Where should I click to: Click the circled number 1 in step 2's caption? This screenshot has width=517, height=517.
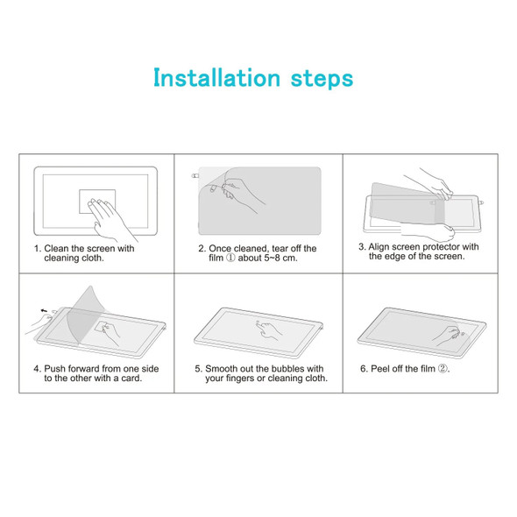(x=225, y=259)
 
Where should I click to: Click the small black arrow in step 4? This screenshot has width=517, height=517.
(x=44, y=309)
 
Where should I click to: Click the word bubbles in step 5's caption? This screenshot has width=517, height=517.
(x=287, y=369)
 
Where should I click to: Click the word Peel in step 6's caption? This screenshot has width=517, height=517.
(x=381, y=369)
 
